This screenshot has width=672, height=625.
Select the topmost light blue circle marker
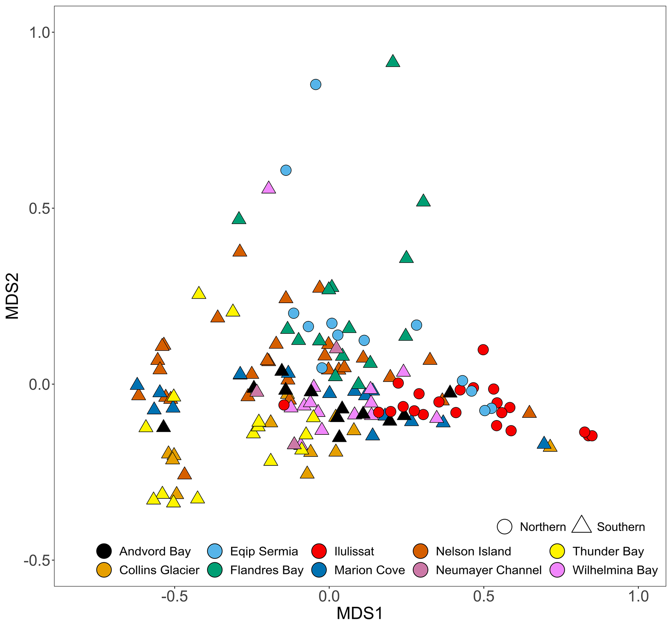(315, 85)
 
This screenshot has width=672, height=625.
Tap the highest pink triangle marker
(269, 188)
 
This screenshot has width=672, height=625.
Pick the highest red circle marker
(483, 350)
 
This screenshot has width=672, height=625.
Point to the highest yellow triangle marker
(199, 293)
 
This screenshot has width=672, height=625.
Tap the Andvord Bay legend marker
(104, 551)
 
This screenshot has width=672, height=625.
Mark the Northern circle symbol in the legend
(504, 527)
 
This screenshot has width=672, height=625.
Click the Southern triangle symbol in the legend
(581, 525)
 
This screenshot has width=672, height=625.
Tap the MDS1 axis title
(360, 614)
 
